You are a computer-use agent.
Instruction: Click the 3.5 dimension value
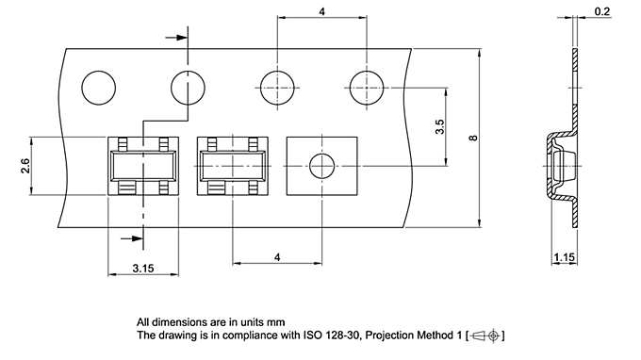click(x=440, y=127)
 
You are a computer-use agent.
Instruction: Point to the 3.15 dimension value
click(x=143, y=269)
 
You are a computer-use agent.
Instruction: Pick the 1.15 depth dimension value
click(x=565, y=257)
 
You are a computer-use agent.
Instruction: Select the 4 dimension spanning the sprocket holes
click(x=322, y=11)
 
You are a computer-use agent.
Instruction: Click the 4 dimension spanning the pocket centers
click(x=276, y=256)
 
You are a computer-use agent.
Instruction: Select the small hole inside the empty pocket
click(x=321, y=166)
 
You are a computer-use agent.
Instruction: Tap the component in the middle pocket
click(x=232, y=166)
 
